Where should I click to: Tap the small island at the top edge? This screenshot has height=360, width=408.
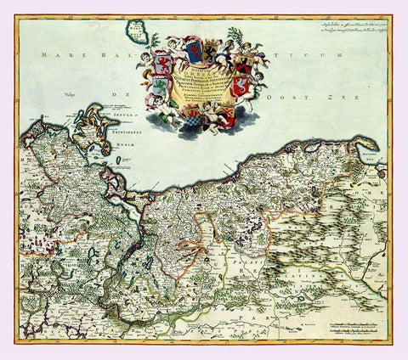(136, 31)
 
